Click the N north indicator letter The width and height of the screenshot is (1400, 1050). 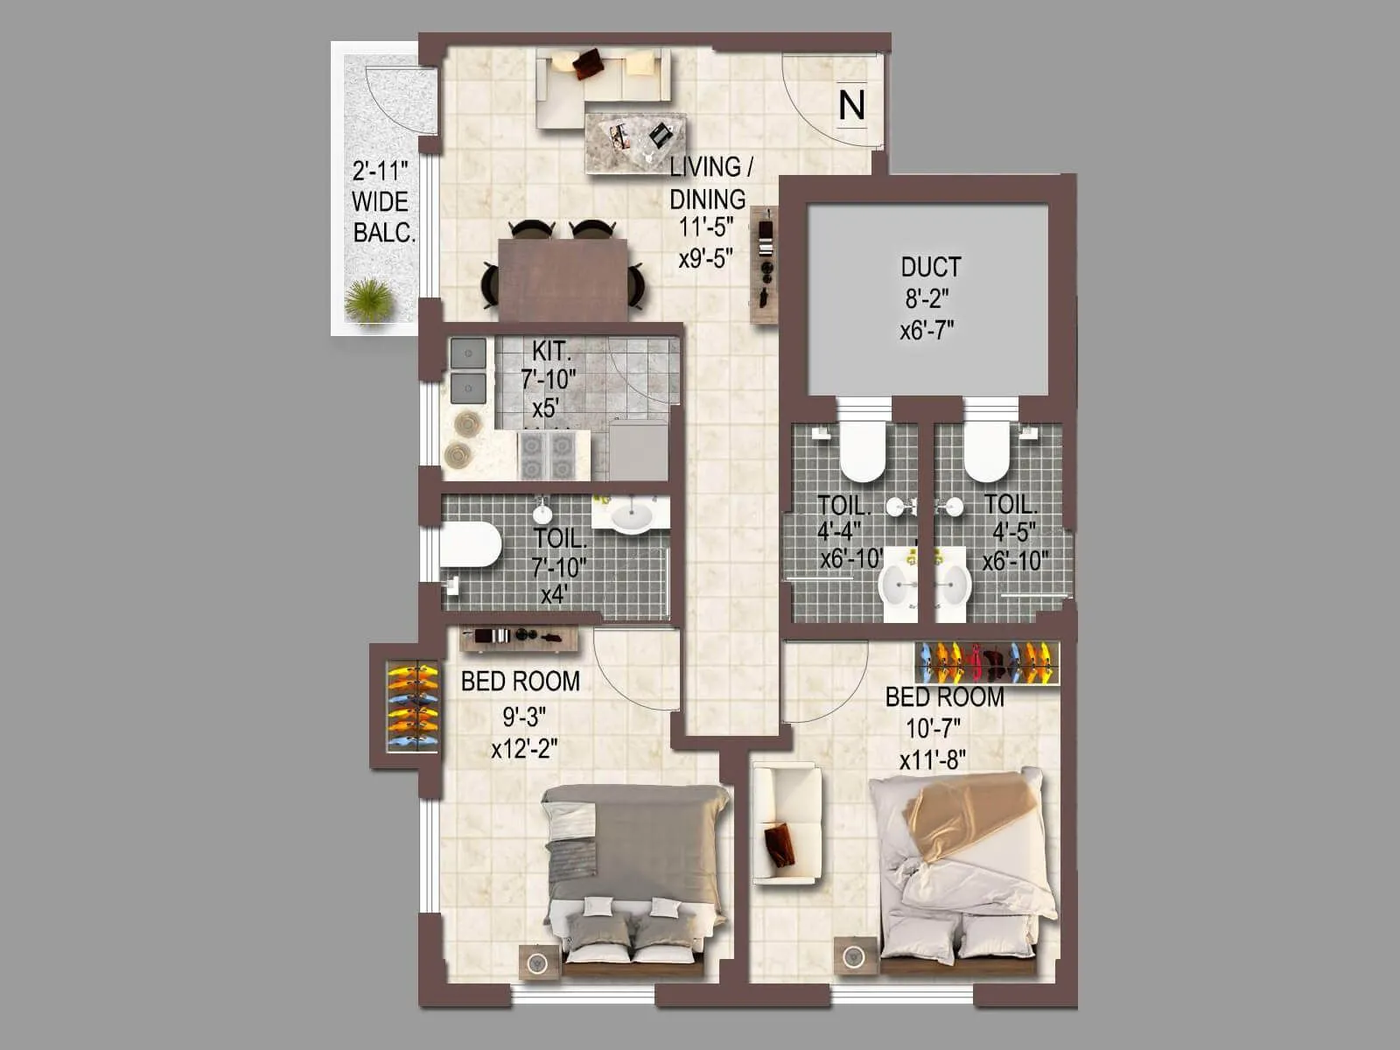click(851, 105)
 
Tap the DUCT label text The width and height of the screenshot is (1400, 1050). click(930, 267)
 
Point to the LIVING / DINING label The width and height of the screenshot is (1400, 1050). click(709, 182)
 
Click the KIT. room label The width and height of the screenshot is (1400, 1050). click(551, 352)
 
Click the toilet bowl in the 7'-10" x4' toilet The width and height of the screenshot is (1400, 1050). click(470, 544)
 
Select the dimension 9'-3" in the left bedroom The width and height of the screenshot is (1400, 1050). click(524, 717)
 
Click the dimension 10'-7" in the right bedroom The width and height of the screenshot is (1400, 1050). click(933, 728)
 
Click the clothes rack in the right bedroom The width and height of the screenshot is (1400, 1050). click(986, 662)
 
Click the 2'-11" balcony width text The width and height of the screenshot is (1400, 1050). click(381, 170)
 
